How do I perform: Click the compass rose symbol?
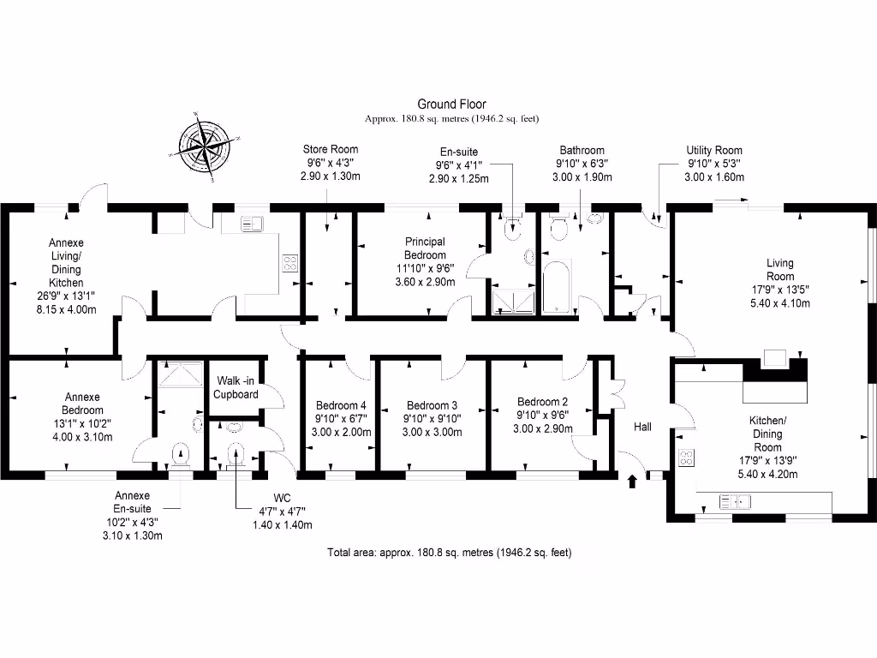tap(204, 147)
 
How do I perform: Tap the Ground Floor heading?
tap(451, 104)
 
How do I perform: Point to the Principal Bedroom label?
tap(426, 248)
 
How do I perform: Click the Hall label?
tap(642, 426)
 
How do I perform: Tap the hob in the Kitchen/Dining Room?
tap(686, 458)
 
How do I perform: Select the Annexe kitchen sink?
tap(252, 224)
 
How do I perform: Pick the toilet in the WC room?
tap(236, 452)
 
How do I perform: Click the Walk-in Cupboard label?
tap(236, 387)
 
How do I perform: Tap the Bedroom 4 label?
tap(341, 405)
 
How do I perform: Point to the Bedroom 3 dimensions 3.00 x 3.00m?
tap(432, 432)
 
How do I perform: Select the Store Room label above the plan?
tap(330, 150)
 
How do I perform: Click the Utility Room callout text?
tap(713, 150)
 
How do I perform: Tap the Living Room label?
tap(779, 270)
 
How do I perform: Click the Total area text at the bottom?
tap(449, 553)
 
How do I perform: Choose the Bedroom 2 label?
tap(543, 402)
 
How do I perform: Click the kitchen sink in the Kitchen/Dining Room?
tap(736, 501)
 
